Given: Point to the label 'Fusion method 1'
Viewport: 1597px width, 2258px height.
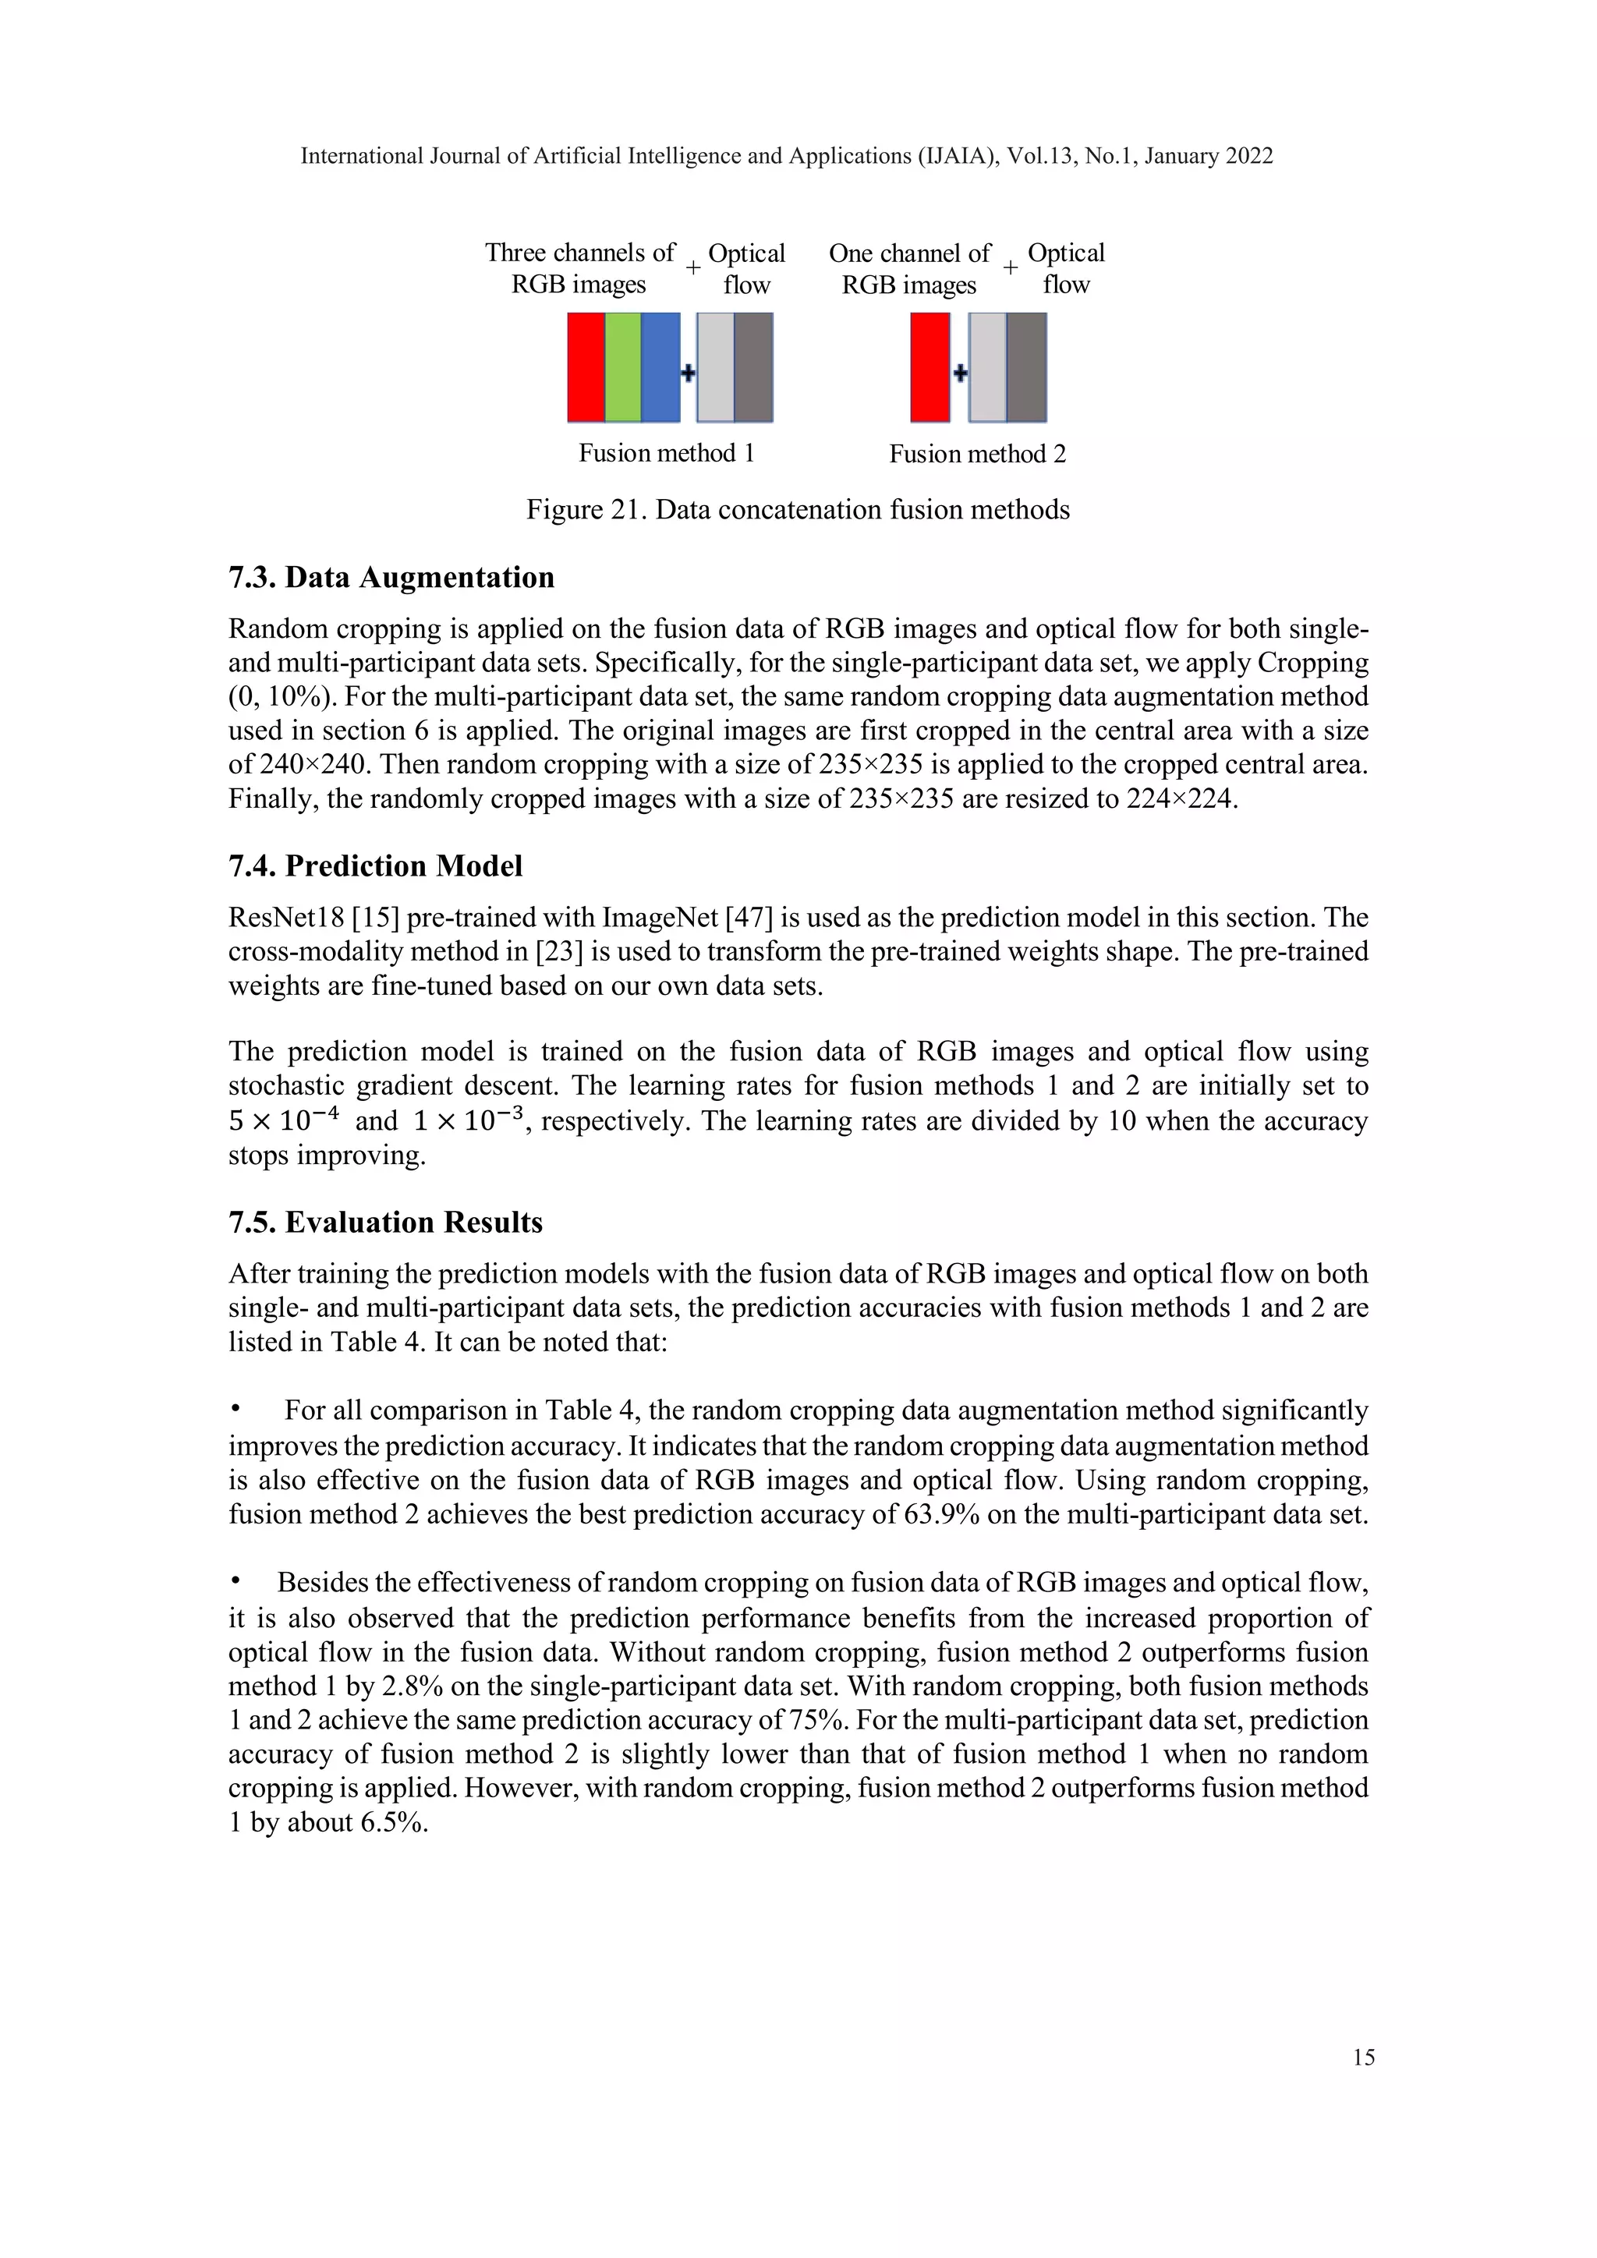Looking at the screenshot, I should [666, 453].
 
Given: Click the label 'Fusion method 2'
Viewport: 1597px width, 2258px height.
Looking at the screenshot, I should [978, 455].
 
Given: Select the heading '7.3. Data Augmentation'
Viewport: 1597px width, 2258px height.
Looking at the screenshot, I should [391, 577].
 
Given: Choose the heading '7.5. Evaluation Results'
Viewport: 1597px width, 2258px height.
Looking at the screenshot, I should [385, 1223].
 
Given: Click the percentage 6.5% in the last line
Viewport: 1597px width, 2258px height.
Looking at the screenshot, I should [393, 1822].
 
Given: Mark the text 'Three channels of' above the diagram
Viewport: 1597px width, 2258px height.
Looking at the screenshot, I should [580, 253].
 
